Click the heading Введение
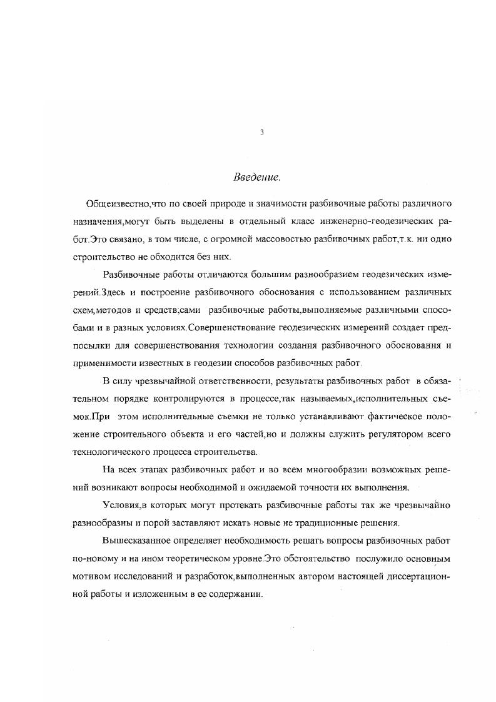[x=256, y=177]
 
